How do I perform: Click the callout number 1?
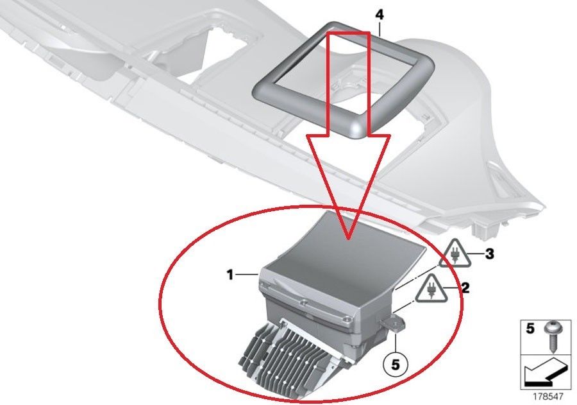pos(230,275)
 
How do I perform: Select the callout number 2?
pos(465,288)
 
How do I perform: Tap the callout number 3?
pos(489,254)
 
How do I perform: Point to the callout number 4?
pos(380,15)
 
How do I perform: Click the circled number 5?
pos(395,365)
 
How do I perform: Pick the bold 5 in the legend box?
pos(530,329)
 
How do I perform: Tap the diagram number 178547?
pos(548,397)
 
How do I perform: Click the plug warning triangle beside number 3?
pos(455,254)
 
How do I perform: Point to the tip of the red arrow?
pos(349,239)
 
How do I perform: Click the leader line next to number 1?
pos(247,274)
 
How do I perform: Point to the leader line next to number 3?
pos(477,254)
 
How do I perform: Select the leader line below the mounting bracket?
pos(395,343)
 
